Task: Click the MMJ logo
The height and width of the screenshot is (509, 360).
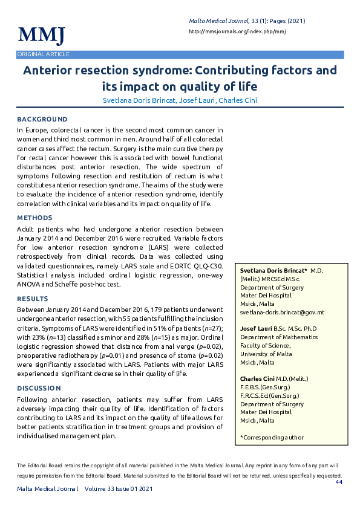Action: click(x=41, y=35)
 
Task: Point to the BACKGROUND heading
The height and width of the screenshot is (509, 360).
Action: click(x=42, y=120)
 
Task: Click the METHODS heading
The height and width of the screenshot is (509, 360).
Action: click(x=35, y=218)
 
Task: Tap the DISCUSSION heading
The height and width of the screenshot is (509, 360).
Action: click(x=39, y=388)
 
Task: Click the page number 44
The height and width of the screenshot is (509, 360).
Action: click(x=339, y=482)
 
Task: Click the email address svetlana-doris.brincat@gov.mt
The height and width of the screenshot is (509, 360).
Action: click(x=282, y=313)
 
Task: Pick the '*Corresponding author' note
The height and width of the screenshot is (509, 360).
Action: click(x=272, y=437)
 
